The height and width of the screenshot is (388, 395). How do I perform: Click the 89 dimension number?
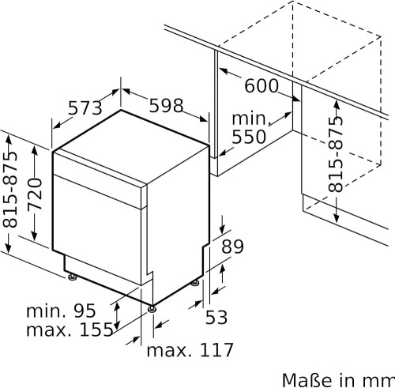point(232,247)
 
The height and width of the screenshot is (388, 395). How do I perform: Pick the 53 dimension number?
point(216,317)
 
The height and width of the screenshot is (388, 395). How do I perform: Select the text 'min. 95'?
point(62,310)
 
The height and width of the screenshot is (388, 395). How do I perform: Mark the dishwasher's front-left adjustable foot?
point(152,303)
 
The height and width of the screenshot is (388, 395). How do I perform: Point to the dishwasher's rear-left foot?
point(73,277)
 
